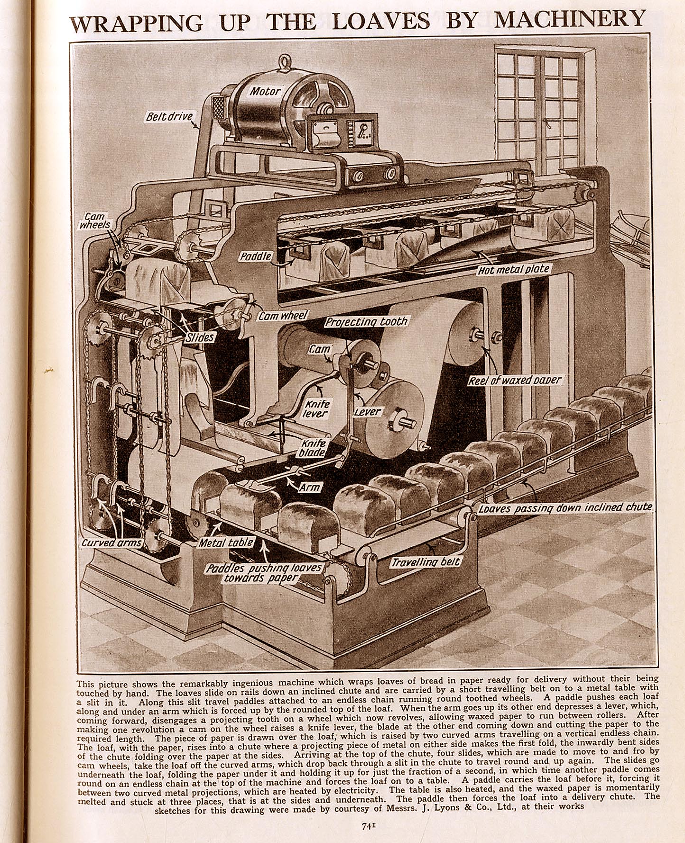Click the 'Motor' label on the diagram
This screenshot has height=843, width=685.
[265, 91]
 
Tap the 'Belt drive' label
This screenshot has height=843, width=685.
[169, 116]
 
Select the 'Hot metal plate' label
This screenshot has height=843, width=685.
[514, 270]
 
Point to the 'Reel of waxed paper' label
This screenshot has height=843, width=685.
[515, 380]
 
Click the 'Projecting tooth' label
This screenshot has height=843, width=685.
[366, 321]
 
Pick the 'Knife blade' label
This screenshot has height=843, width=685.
[314, 448]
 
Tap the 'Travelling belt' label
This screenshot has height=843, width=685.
[426, 562]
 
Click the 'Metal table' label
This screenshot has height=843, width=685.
[226, 543]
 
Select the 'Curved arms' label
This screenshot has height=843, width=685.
[112, 543]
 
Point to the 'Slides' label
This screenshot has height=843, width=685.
[200, 337]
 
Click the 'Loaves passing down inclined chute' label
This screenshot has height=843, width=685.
[565, 508]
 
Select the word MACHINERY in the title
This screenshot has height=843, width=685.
[570, 20]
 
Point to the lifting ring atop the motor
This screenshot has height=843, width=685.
[285, 63]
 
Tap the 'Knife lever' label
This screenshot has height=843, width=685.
[316, 409]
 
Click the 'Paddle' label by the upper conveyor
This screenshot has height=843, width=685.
[256, 256]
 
